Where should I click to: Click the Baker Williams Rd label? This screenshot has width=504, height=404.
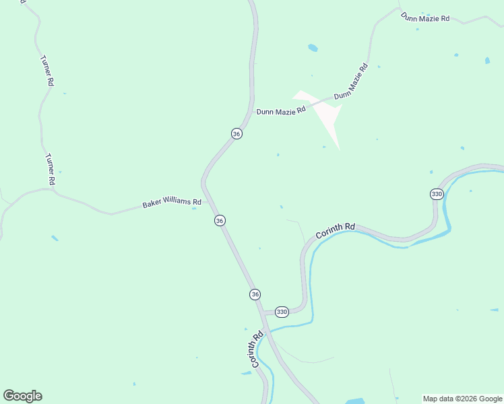point(172,203)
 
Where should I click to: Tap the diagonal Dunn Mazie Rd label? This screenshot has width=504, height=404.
point(351,81)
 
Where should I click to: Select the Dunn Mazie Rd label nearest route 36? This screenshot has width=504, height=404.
point(281,110)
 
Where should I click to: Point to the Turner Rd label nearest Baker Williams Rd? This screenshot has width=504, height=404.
point(50,169)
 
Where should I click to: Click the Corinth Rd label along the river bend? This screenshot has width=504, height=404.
point(335,231)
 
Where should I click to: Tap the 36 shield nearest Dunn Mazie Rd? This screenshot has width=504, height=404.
point(236,134)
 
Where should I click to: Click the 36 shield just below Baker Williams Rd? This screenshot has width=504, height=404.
point(220,220)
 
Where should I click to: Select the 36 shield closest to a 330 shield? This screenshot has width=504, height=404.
point(255,294)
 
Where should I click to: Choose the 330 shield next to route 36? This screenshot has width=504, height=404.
point(282,312)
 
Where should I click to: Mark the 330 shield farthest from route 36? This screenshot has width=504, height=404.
point(437,194)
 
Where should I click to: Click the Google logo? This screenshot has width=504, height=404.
point(22,396)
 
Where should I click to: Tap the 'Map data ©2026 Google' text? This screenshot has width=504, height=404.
point(463,399)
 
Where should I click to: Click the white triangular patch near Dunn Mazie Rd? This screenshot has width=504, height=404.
point(323,114)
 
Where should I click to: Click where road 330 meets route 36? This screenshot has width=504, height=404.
point(262,313)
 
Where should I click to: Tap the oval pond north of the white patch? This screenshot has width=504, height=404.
point(313,48)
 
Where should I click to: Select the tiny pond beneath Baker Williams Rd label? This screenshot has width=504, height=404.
point(194,208)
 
